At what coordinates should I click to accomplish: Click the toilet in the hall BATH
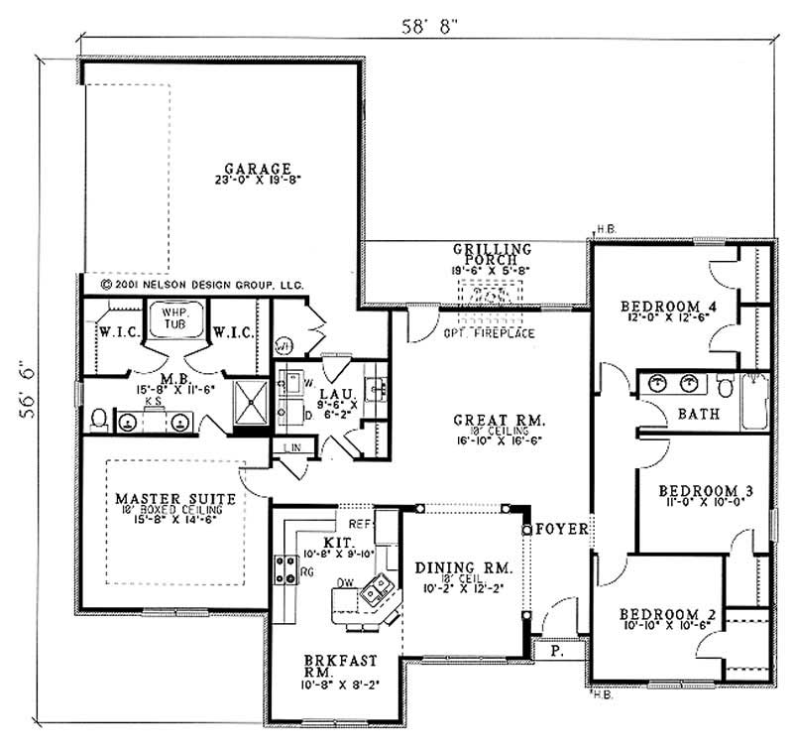pyautogui.click(x=726, y=387)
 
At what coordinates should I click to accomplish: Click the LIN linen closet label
pyautogui.click(x=292, y=448)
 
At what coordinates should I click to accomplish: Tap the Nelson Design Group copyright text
pyautogui.click(x=201, y=283)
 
